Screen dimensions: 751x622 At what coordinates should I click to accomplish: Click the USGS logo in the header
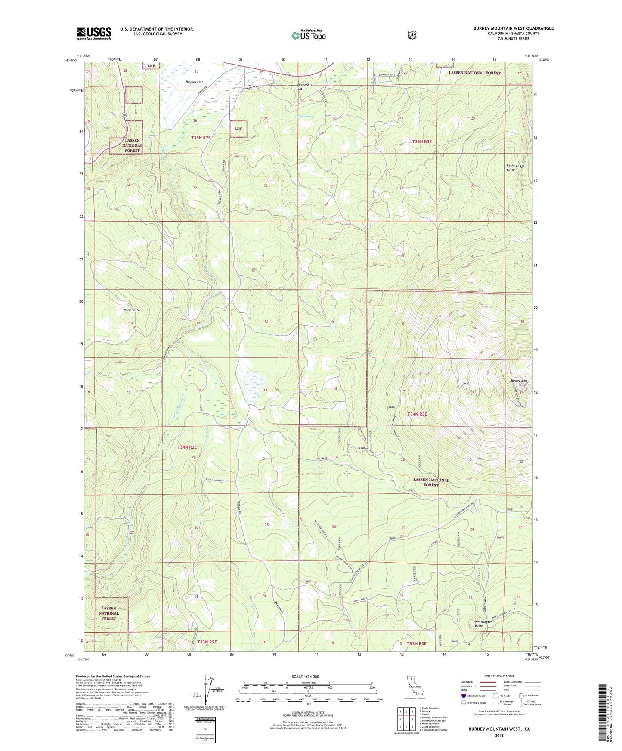[94, 33]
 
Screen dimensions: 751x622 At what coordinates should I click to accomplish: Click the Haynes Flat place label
[194, 82]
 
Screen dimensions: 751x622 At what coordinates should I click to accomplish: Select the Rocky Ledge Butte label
[516, 168]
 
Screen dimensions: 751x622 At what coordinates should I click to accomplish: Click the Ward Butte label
[131, 310]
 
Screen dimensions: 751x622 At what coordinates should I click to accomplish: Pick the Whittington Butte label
[483, 624]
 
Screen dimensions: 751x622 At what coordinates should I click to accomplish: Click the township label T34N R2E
[187, 447]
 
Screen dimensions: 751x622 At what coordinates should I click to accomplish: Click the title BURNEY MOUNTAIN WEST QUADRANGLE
[513, 28]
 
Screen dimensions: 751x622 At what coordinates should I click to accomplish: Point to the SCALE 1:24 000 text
[305, 677]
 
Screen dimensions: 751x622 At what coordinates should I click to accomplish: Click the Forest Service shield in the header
[412, 35]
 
